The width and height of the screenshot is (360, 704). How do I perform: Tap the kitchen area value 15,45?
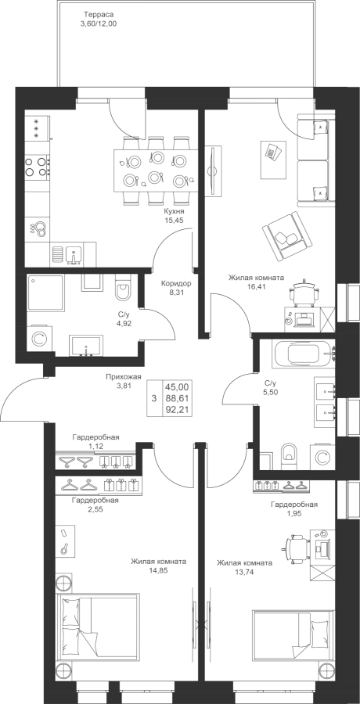(x=175, y=221)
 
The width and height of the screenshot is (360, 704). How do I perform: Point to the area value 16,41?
(x=256, y=286)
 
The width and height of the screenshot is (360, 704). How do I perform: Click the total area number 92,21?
(x=177, y=409)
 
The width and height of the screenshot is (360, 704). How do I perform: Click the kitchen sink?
(x=74, y=255)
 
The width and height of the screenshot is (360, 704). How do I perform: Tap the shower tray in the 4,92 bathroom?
(x=45, y=293)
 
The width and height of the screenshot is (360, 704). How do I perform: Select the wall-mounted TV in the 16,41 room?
(x=214, y=171)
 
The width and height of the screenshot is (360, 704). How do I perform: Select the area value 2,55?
(x=95, y=508)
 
